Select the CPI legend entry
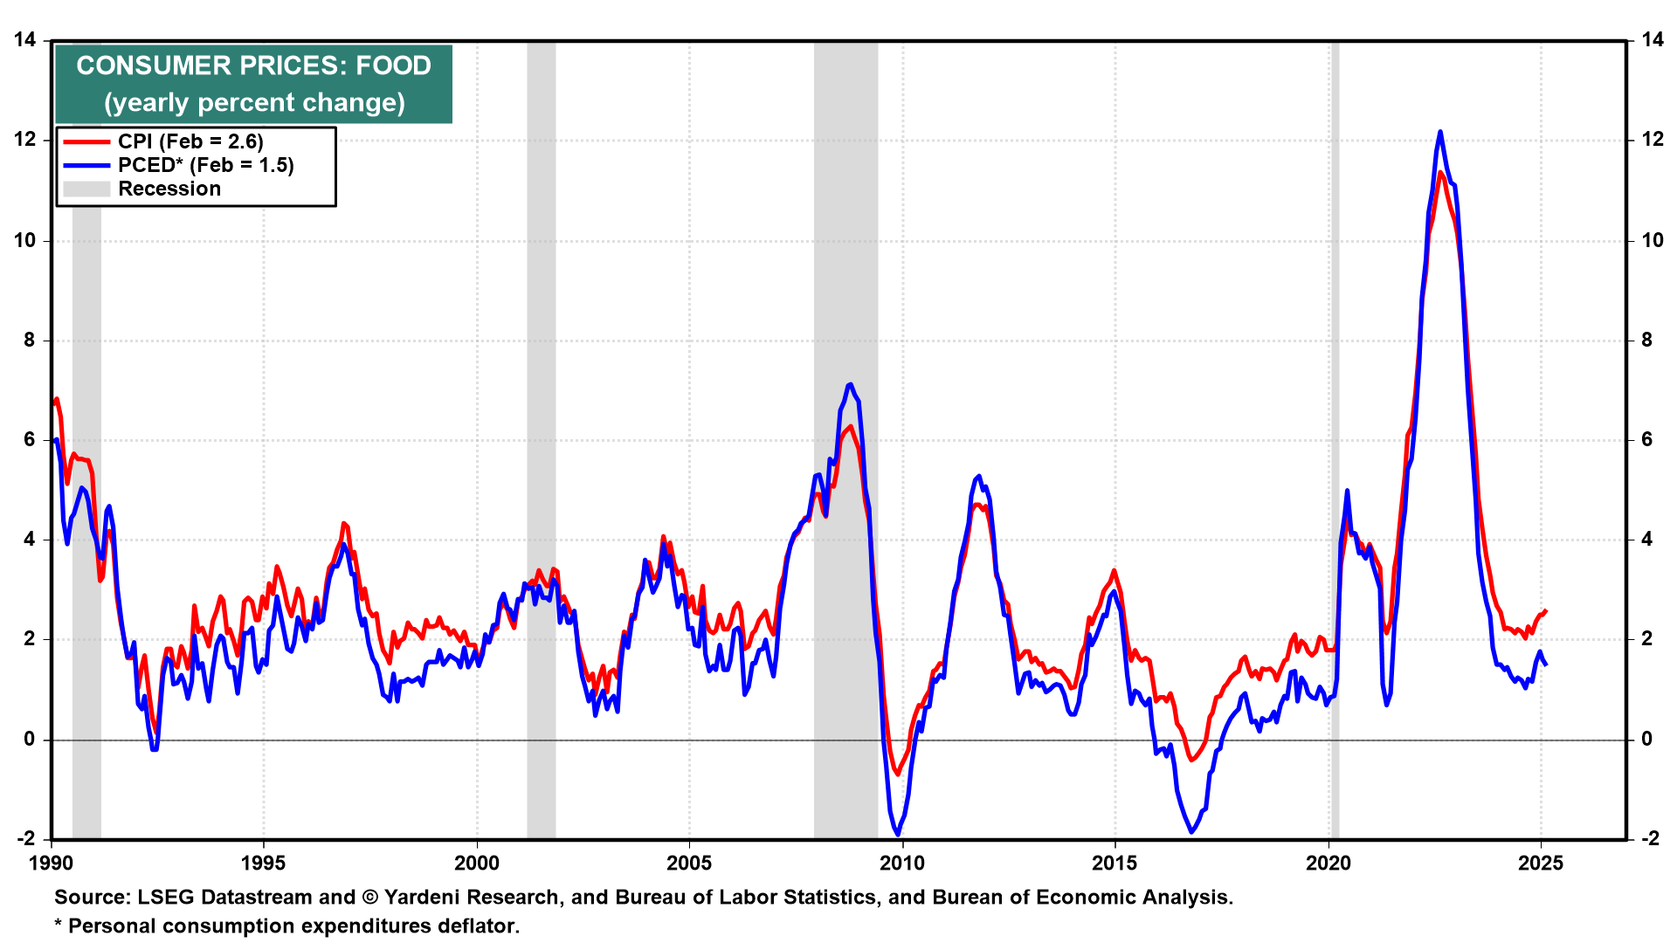190,141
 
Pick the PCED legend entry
205,165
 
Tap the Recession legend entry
169,189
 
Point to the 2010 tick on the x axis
901,864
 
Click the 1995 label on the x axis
263,864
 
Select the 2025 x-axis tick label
1541,864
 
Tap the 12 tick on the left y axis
24,140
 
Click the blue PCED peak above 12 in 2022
1439,133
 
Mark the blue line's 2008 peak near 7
850,384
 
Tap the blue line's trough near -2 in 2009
898,834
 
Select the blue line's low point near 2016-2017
1191,831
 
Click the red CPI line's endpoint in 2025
1546,610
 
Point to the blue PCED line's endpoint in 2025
1546,664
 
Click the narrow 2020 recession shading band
1335,437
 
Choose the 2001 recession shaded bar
541,437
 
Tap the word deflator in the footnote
478,926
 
